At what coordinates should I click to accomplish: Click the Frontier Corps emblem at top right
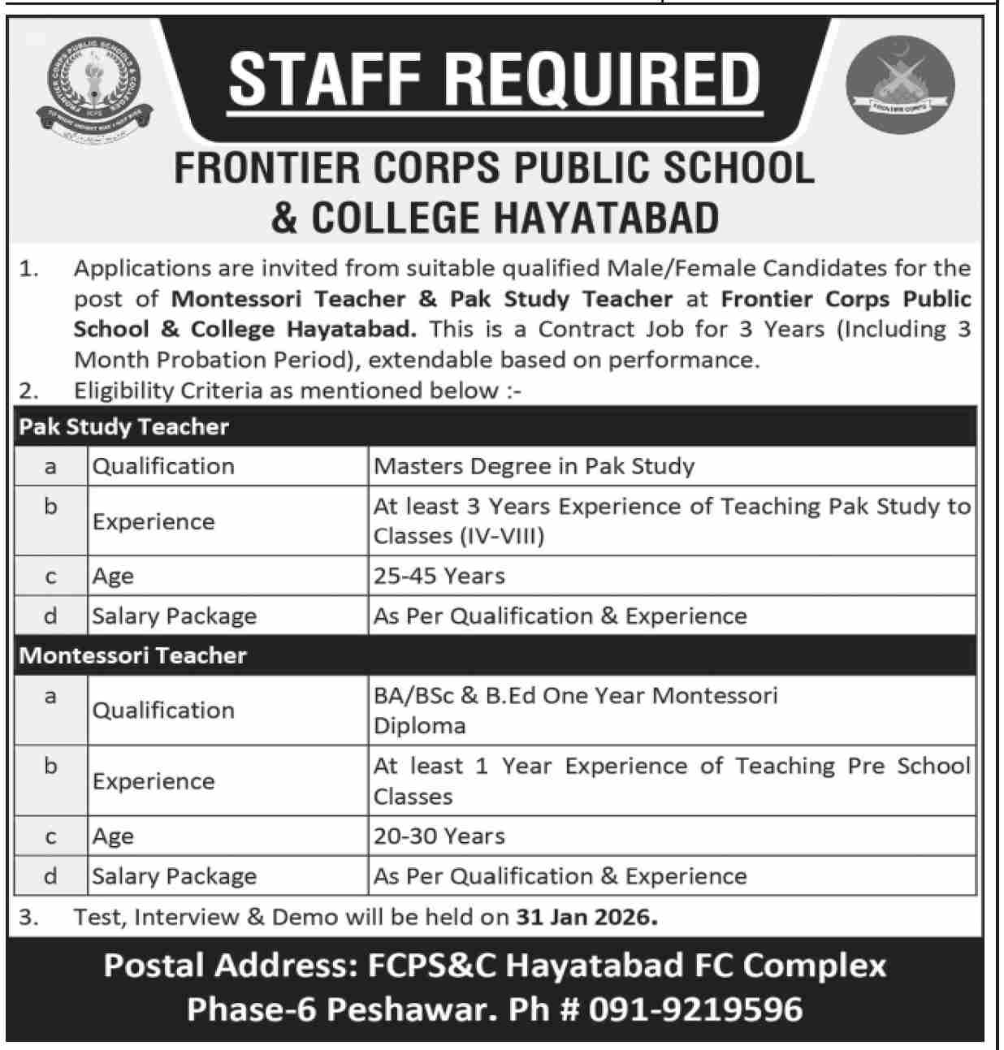click(900, 84)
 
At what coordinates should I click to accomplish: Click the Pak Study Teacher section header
click(124, 426)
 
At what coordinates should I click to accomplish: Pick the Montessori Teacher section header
click(133, 655)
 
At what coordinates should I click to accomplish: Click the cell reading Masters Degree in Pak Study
click(534, 466)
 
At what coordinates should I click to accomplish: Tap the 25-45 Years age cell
click(439, 576)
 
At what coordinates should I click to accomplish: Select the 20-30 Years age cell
click(439, 836)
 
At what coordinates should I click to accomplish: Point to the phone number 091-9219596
click(695, 1009)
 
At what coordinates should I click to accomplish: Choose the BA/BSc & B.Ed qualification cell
click(575, 710)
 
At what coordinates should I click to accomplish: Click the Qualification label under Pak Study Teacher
click(163, 466)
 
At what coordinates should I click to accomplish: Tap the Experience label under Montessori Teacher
click(154, 781)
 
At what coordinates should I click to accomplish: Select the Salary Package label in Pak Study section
click(174, 616)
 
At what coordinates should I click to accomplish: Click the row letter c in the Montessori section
click(50, 836)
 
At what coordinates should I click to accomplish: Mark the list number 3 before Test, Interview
click(28, 917)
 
